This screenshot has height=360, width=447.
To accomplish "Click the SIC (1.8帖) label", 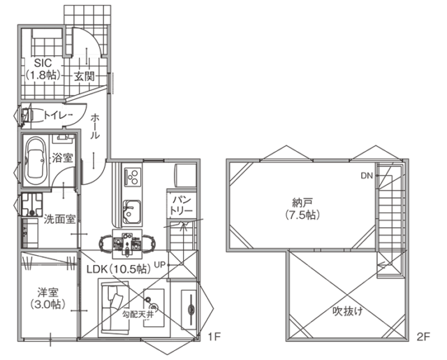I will tap(43, 69).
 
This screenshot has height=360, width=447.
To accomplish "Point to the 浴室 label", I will tap(61, 158).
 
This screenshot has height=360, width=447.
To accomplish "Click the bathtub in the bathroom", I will tap(34, 160).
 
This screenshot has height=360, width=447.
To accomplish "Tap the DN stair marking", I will tap(367, 176).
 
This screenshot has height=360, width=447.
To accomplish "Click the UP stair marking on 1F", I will tap(159, 265).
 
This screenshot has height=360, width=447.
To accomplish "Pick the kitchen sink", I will tap(131, 211).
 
